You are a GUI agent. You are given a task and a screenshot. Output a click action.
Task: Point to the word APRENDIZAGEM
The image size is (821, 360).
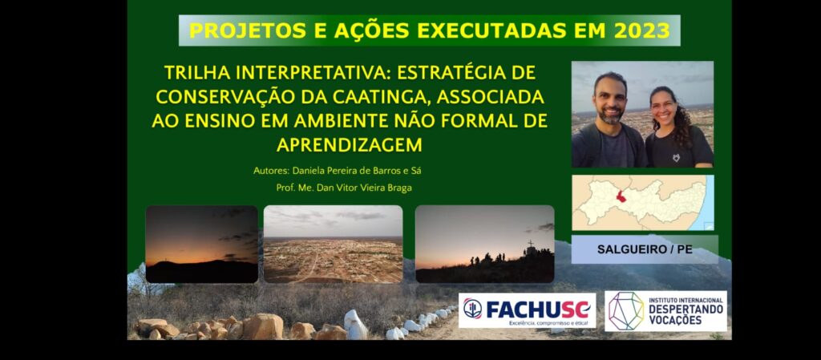tap(350, 145)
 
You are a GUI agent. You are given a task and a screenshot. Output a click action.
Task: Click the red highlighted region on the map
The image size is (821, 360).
tap(621, 197)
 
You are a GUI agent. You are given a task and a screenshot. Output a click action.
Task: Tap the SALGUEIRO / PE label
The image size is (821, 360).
tap(645, 249)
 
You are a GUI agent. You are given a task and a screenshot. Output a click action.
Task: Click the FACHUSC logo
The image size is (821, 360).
tap(527, 310)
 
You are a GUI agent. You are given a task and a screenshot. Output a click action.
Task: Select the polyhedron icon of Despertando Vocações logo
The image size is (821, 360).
tap(626, 310)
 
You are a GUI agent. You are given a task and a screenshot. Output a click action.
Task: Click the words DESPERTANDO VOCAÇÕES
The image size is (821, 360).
tap(686, 314)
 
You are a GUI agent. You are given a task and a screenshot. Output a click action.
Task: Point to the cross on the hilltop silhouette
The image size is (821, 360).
tap(531, 244)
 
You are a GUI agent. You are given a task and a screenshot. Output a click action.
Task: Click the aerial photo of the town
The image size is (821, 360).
tap(333, 244)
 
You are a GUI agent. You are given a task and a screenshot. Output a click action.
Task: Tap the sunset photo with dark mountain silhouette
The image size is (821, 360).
tap(201, 244)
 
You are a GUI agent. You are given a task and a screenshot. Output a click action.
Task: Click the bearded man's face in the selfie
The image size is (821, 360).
tap(610, 99)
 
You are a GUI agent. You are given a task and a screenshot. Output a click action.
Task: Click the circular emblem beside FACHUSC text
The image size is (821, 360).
tap(472, 308)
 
